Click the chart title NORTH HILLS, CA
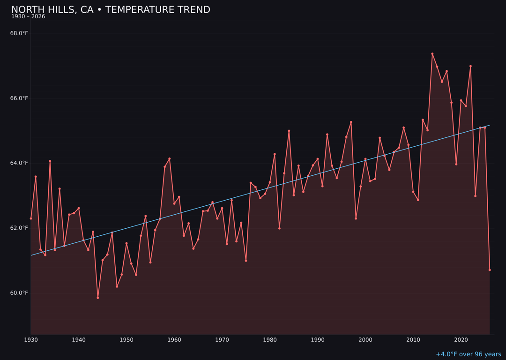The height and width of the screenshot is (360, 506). pyautogui.click(x=111, y=10)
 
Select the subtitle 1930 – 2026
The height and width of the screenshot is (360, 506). pyautogui.click(x=28, y=17)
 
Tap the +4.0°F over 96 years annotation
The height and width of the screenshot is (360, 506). pyautogui.click(x=468, y=354)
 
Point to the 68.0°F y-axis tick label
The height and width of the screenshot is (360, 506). pyautogui.click(x=19, y=33)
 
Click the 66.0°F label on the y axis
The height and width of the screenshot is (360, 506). pyautogui.click(x=19, y=98)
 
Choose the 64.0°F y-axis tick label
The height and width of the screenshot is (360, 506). pyautogui.click(x=19, y=163)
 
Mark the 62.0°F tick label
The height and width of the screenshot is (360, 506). pyautogui.click(x=19, y=228)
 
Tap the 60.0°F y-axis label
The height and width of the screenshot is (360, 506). pyautogui.click(x=19, y=293)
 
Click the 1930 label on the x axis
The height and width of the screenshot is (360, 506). pyautogui.click(x=31, y=340)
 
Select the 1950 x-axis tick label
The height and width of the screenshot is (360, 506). pyautogui.click(x=126, y=340)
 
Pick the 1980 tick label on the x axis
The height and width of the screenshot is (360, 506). pyautogui.click(x=270, y=340)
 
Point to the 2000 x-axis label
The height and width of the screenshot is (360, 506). pyautogui.click(x=365, y=340)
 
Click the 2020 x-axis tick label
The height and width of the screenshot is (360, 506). pyautogui.click(x=461, y=340)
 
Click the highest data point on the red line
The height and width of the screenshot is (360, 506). pyautogui.click(x=432, y=54)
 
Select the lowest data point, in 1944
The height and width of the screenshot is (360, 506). pyautogui.click(x=98, y=298)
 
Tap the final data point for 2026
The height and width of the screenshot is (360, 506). pyautogui.click(x=490, y=270)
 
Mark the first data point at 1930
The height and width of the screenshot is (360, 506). pyautogui.click(x=31, y=218)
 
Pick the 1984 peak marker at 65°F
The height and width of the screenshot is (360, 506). pyautogui.click(x=289, y=131)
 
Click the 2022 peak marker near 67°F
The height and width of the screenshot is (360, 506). pyautogui.click(x=470, y=66)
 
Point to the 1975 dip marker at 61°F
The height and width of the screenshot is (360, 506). pyautogui.click(x=246, y=261)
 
